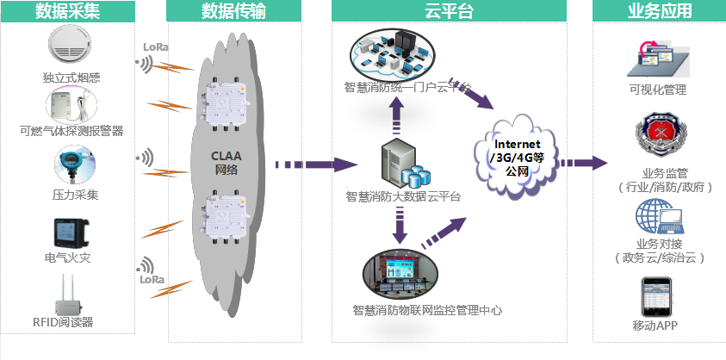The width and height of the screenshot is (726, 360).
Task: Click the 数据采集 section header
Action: tap(67, 11)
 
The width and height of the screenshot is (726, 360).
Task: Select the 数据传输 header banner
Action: tap(233, 11)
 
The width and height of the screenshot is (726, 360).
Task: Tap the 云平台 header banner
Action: tap(449, 11)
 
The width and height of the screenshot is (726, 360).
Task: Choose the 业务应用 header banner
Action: tap(659, 11)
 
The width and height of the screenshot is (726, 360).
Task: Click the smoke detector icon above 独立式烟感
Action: tap(71, 48)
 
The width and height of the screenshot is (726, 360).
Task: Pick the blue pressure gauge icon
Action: tap(70, 164)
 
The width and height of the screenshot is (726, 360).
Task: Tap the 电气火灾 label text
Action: tap(71, 258)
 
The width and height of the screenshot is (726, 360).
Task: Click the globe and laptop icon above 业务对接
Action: tap(659, 217)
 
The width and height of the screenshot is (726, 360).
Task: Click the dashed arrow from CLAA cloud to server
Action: tap(314, 164)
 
